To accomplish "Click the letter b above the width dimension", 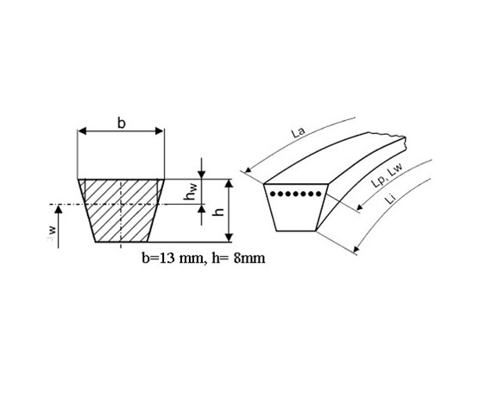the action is pyautogui.click(x=122, y=123).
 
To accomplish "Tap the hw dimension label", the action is pyautogui.click(x=191, y=191).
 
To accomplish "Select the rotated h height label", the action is pyautogui.click(x=218, y=212).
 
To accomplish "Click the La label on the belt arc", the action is pyautogui.click(x=298, y=132).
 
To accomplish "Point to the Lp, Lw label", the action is pyautogui.click(x=388, y=175).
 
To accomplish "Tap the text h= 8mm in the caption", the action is pyautogui.click(x=238, y=258).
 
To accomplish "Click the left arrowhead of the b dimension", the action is pyautogui.click(x=83, y=131).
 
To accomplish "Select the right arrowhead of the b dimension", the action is pyautogui.click(x=159, y=131).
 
